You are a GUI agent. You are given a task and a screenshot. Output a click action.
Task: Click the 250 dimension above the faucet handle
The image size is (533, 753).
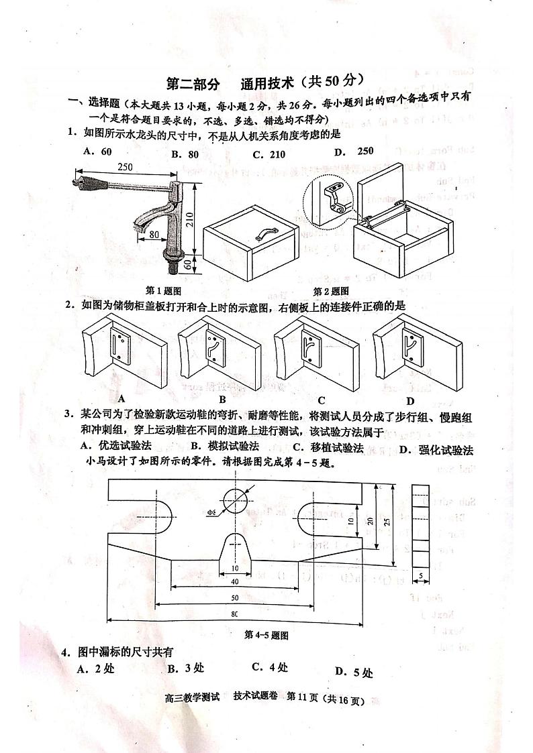pos(124,166)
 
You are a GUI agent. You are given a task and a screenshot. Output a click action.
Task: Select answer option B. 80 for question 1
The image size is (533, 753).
pos(185,154)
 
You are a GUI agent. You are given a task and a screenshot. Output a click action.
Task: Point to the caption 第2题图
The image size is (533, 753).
pos(331,290)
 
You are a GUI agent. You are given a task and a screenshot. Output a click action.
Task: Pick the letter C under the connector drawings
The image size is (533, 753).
pos(322,401)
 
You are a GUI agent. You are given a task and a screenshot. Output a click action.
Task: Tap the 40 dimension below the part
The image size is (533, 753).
pos(234,582)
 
